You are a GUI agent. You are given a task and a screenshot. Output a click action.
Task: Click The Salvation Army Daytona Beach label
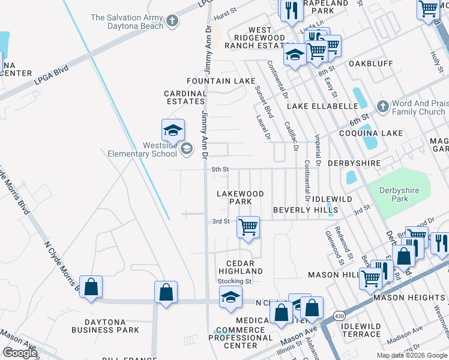(x=126, y=22)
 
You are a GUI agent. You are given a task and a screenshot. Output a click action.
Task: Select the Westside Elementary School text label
(x=142, y=149)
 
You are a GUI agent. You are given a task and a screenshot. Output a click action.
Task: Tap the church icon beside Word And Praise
(x=382, y=107)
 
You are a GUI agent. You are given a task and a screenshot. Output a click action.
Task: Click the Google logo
(x=20, y=353)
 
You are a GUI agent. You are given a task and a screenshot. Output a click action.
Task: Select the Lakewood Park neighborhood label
(x=241, y=197)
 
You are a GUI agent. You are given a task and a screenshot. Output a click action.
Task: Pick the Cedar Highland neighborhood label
(x=244, y=267)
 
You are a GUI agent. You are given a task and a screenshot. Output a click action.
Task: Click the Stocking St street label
(x=234, y=281)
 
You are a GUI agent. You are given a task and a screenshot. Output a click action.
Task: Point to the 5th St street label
(x=220, y=170)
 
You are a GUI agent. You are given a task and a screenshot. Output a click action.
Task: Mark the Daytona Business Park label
(x=105, y=325)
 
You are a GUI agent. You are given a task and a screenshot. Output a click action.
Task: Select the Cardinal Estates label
(x=185, y=97)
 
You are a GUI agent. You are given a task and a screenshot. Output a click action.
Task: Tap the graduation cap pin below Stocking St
(x=231, y=298)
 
